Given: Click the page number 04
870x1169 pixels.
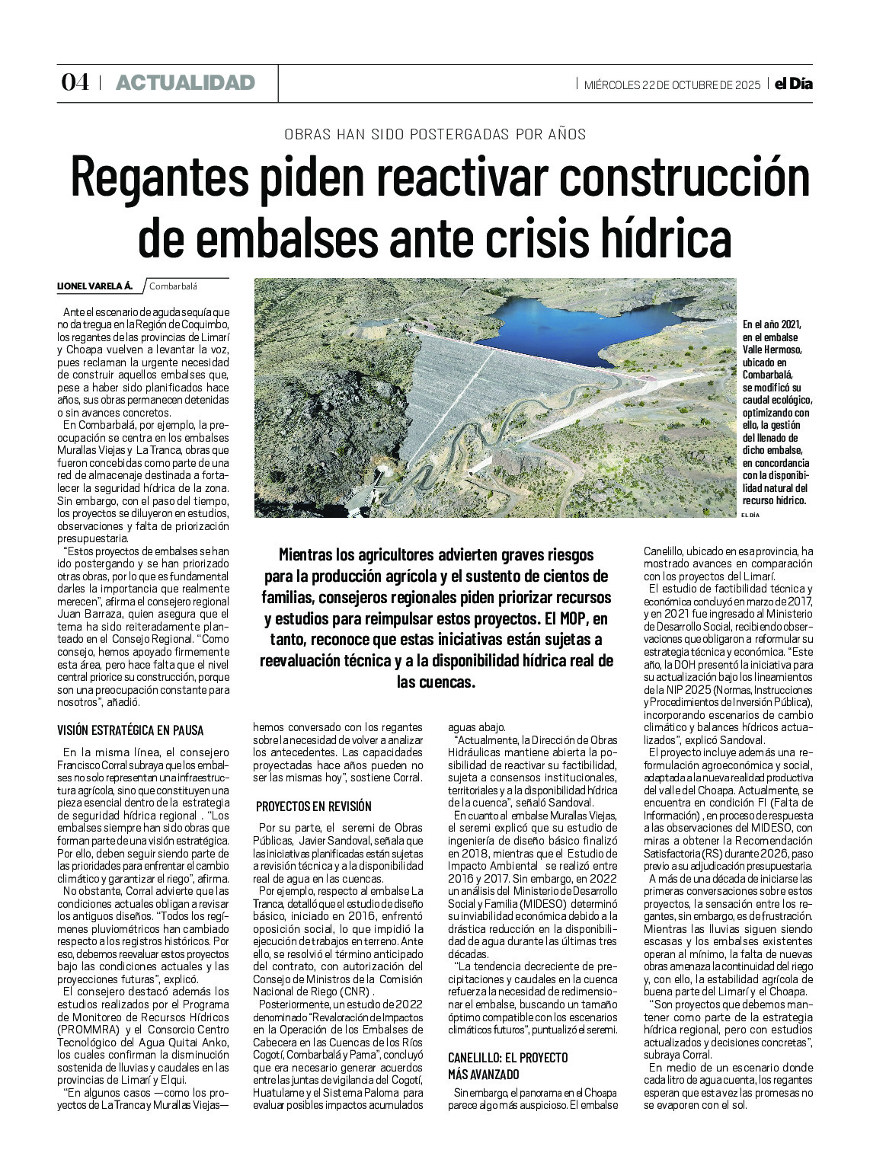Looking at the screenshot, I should click(x=75, y=83).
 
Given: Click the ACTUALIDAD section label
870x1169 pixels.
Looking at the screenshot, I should click(x=185, y=83).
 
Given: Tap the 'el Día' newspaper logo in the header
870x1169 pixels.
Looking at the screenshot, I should click(x=794, y=84).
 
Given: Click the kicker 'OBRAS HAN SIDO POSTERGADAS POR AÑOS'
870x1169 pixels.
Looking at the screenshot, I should click(x=435, y=135).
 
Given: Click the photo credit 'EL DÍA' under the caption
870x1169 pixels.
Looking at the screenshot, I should click(x=750, y=516).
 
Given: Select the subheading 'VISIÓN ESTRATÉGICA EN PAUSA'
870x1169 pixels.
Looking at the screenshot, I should click(x=130, y=730).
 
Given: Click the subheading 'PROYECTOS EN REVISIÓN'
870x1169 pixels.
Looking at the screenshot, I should click(x=314, y=806).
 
